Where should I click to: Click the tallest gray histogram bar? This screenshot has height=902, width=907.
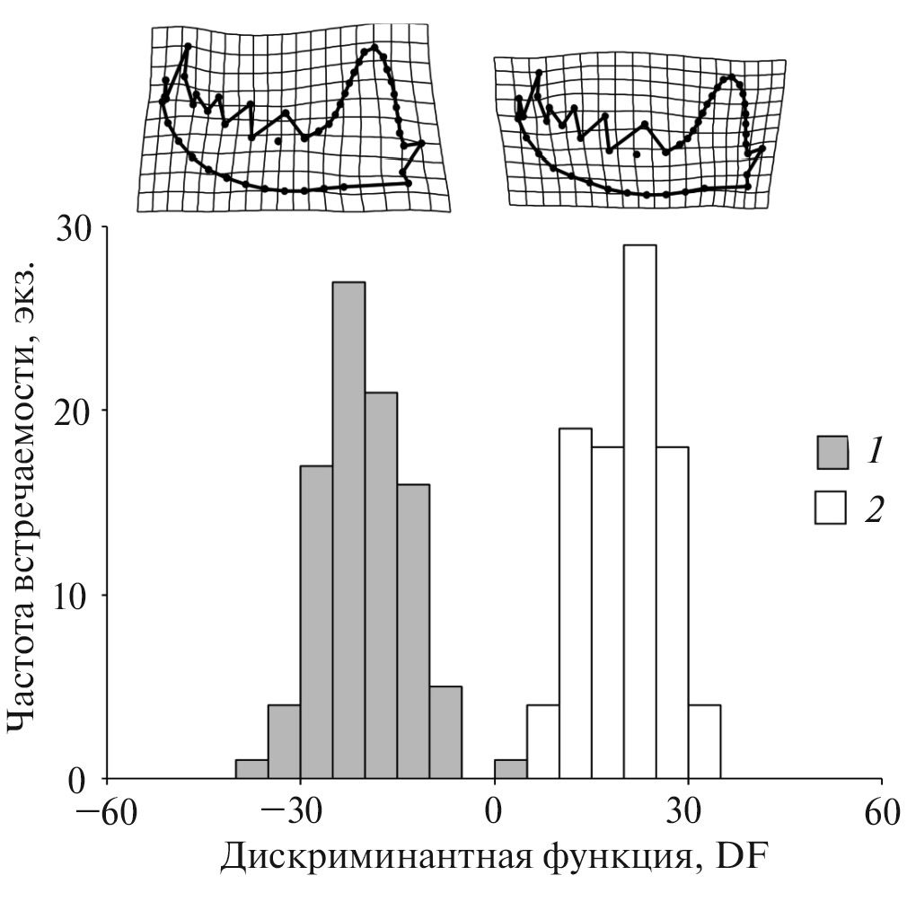348,530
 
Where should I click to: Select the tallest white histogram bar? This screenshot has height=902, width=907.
639,512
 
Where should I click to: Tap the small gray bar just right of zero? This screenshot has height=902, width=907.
510,770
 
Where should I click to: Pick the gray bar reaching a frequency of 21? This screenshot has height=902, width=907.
381,584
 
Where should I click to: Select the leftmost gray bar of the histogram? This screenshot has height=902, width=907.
251,770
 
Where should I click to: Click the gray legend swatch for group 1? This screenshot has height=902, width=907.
831,452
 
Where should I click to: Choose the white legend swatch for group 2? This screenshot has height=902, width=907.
831,508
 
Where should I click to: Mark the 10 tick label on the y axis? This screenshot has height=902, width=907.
75,596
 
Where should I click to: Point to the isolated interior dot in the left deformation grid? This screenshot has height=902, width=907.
277,141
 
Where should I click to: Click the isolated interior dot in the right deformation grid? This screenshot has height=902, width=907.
636,155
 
